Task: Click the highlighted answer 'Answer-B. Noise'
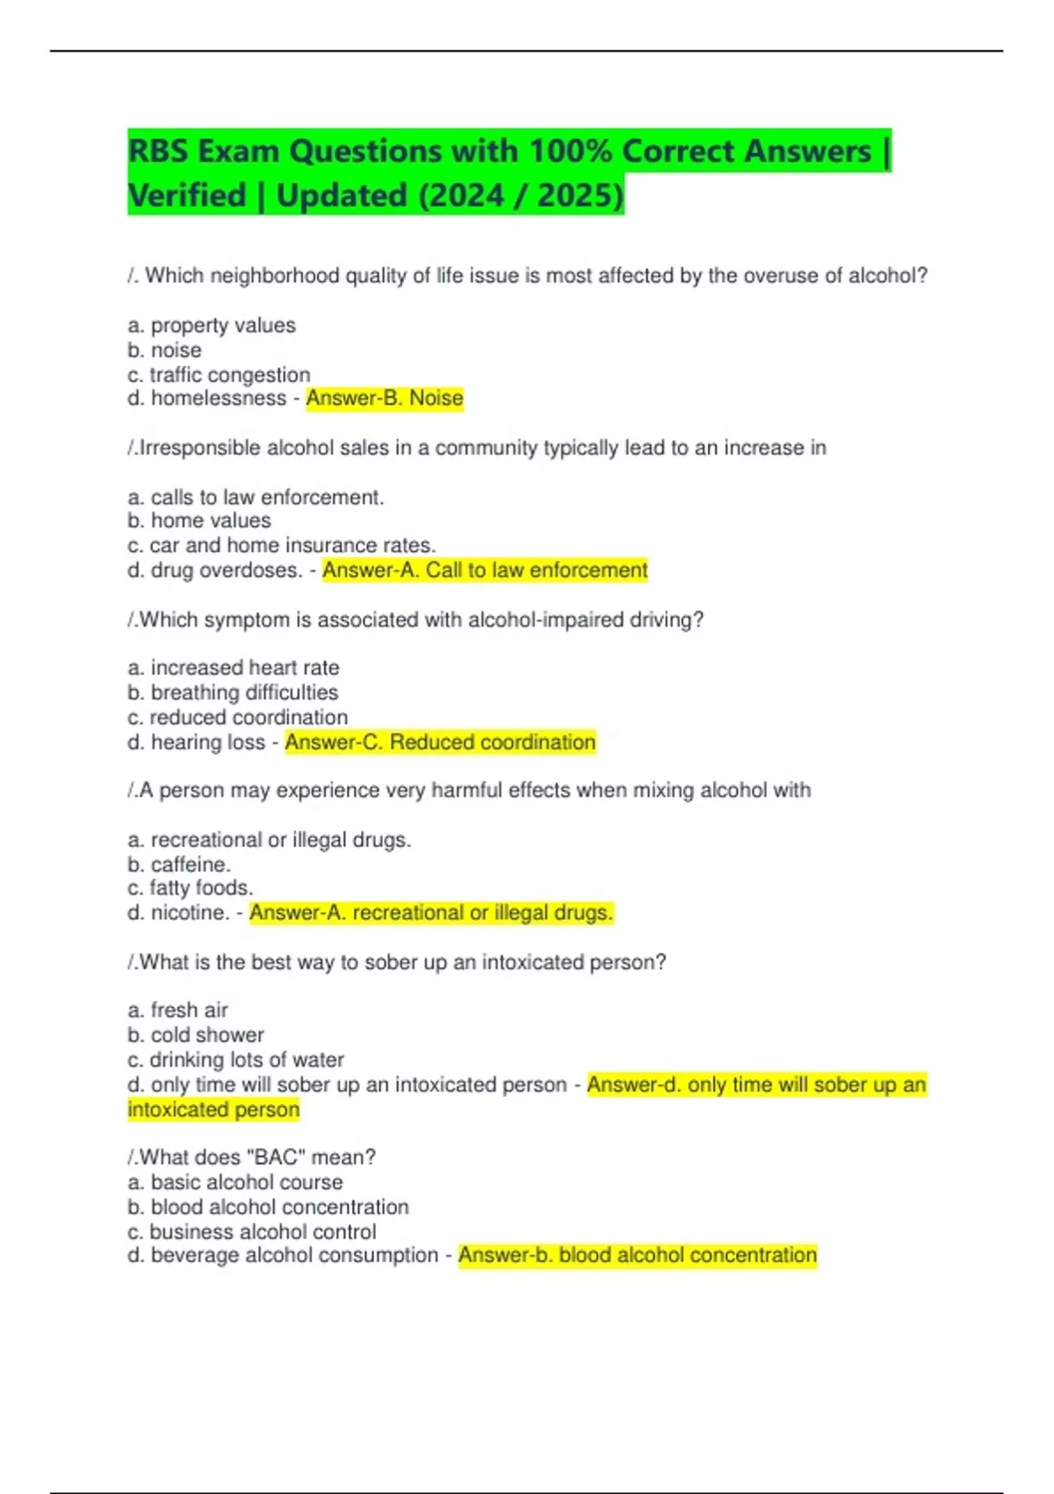[x=384, y=398]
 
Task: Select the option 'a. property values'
[x=212, y=325]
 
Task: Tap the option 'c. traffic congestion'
[x=219, y=374]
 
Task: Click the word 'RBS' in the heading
[x=159, y=151]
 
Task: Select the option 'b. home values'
[x=199, y=520]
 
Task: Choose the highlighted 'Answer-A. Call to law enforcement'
[x=485, y=569]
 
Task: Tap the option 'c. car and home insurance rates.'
[x=281, y=545]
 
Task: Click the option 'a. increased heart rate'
[x=234, y=667]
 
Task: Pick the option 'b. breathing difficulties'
[x=233, y=692]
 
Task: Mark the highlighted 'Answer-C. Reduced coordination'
[x=440, y=742]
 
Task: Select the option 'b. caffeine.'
[x=179, y=864]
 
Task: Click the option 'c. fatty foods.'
[x=190, y=888]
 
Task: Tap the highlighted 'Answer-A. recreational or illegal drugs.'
[x=431, y=912]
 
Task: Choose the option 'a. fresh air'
[x=177, y=1010]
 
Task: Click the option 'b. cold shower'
[x=196, y=1034]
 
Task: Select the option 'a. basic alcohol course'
[x=235, y=1182]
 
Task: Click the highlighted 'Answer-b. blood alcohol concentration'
[x=637, y=1255]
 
